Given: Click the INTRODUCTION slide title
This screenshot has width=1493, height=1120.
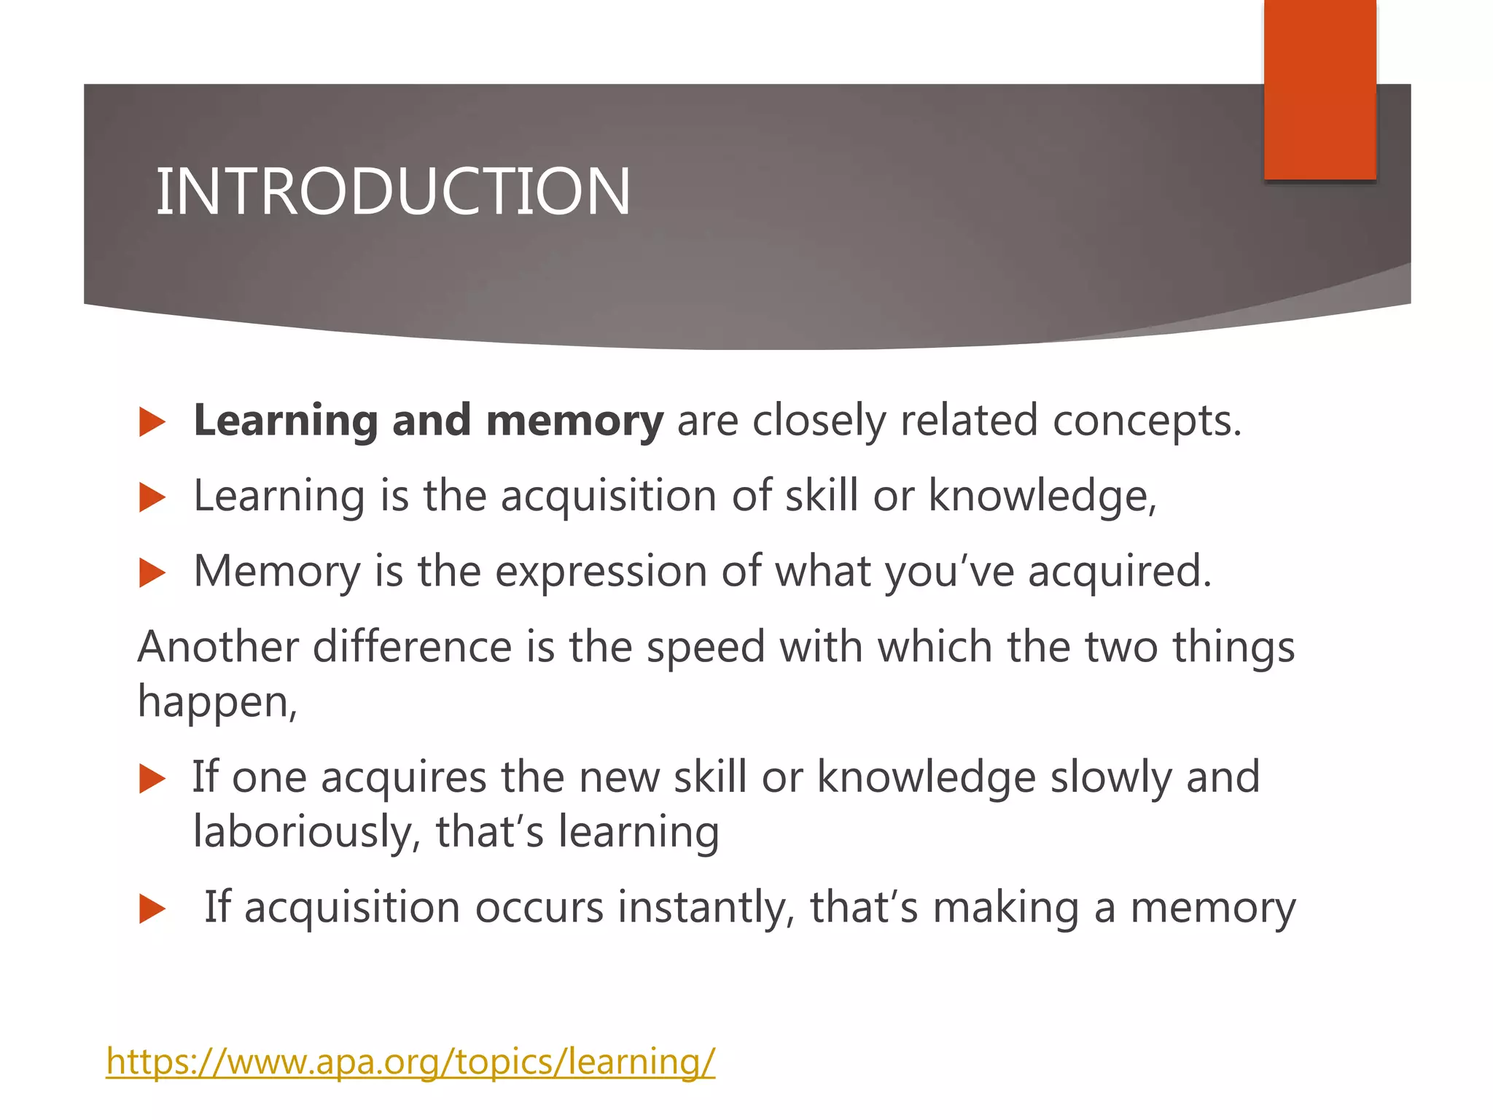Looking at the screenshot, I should tap(393, 191).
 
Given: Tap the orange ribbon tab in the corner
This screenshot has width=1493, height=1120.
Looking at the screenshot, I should tap(1319, 89).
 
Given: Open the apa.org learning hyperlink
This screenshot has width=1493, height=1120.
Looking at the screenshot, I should tap(410, 1061).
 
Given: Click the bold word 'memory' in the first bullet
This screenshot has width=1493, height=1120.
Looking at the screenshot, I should tap(574, 421).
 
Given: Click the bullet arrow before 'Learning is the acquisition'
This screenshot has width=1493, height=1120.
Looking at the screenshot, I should tap(152, 498).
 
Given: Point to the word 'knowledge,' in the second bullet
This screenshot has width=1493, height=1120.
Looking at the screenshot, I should tap(1042, 497).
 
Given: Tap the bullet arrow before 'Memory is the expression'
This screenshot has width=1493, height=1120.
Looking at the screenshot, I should tap(152, 573).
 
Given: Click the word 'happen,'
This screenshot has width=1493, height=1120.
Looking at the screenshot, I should tap(217, 703).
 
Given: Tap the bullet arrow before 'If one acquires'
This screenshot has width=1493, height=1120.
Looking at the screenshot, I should tap(152, 779).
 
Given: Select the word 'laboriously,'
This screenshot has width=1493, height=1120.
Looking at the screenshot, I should tap(307, 833).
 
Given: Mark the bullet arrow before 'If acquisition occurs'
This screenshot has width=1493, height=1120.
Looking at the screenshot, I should tap(152, 909).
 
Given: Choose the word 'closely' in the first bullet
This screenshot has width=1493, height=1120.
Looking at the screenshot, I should tap(819, 421).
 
